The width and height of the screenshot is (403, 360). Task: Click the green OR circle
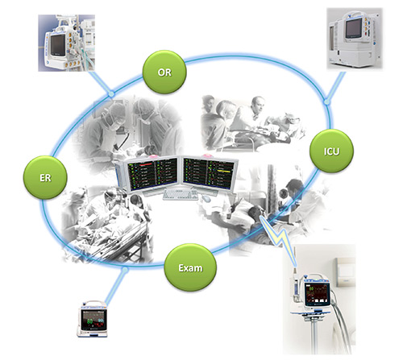[x=164, y=72]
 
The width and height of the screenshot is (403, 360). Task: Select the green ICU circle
[x=331, y=151]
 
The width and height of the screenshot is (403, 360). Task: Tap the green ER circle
[x=45, y=177]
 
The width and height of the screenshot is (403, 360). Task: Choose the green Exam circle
[x=190, y=267]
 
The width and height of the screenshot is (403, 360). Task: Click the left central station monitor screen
[x=152, y=174]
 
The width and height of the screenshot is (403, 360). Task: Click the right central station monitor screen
[x=207, y=173]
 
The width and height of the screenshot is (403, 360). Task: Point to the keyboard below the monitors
[x=181, y=195]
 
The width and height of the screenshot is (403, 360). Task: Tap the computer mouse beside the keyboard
[x=206, y=198]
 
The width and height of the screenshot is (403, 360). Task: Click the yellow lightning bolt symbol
[x=279, y=236]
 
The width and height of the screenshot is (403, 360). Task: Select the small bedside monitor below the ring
[x=93, y=319]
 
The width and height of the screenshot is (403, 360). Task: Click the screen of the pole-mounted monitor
[x=317, y=295]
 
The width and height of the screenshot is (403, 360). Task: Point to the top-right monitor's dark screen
[x=354, y=28]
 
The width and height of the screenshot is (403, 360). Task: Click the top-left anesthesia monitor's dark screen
[x=58, y=44]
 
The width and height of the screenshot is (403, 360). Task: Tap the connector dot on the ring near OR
[x=111, y=93]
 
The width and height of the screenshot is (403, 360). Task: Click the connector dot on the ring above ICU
[x=326, y=101]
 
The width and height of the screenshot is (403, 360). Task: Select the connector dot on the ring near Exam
[x=124, y=269]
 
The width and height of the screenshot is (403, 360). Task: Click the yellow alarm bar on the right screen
[x=224, y=171]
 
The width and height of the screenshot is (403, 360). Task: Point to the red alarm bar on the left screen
[x=146, y=163]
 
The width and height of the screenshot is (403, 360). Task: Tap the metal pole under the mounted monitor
[x=314, y=336]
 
